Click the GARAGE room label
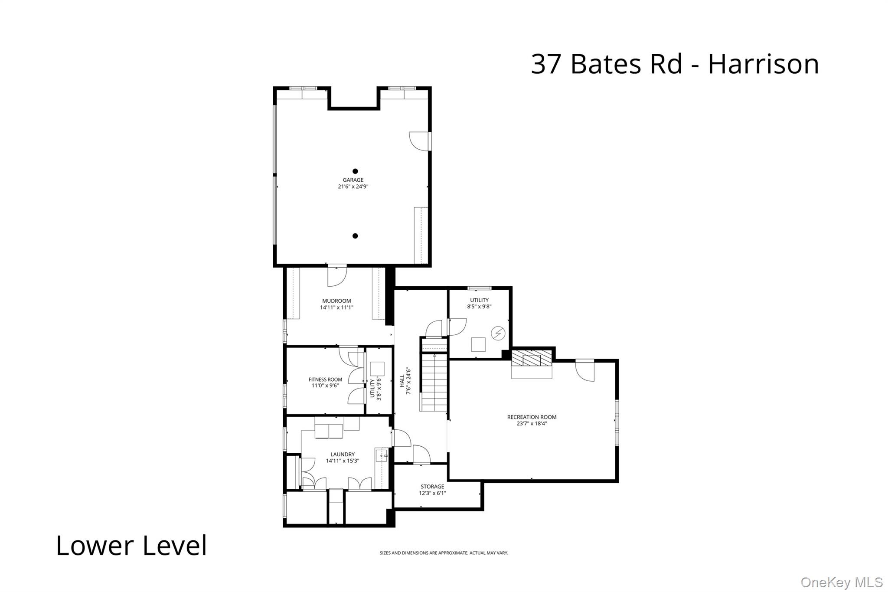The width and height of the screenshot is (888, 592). (353, 180)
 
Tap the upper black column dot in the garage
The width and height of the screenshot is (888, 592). (355, 171)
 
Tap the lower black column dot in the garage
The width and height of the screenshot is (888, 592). (355, 236)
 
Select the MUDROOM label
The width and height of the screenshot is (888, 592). (336, 301)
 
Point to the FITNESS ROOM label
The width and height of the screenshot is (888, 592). (325, 379)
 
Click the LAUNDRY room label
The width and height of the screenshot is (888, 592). (343, 455)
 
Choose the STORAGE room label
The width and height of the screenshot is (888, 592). (432, 487)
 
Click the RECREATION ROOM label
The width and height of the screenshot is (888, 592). (532, 417)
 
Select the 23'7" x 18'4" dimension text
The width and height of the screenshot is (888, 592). (532, 424)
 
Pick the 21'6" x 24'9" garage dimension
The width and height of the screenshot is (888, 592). (353, 186)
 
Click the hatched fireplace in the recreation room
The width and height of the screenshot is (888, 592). (532, 359)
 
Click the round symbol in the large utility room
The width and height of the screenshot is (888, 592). (498, 333)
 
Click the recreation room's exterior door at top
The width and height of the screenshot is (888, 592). (585, 370)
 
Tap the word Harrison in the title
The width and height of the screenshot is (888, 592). (763, 64)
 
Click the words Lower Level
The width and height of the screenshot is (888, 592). (131, 546)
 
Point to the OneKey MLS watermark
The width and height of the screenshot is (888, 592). (841, 582)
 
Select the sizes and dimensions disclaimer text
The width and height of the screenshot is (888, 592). (444, 553)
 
